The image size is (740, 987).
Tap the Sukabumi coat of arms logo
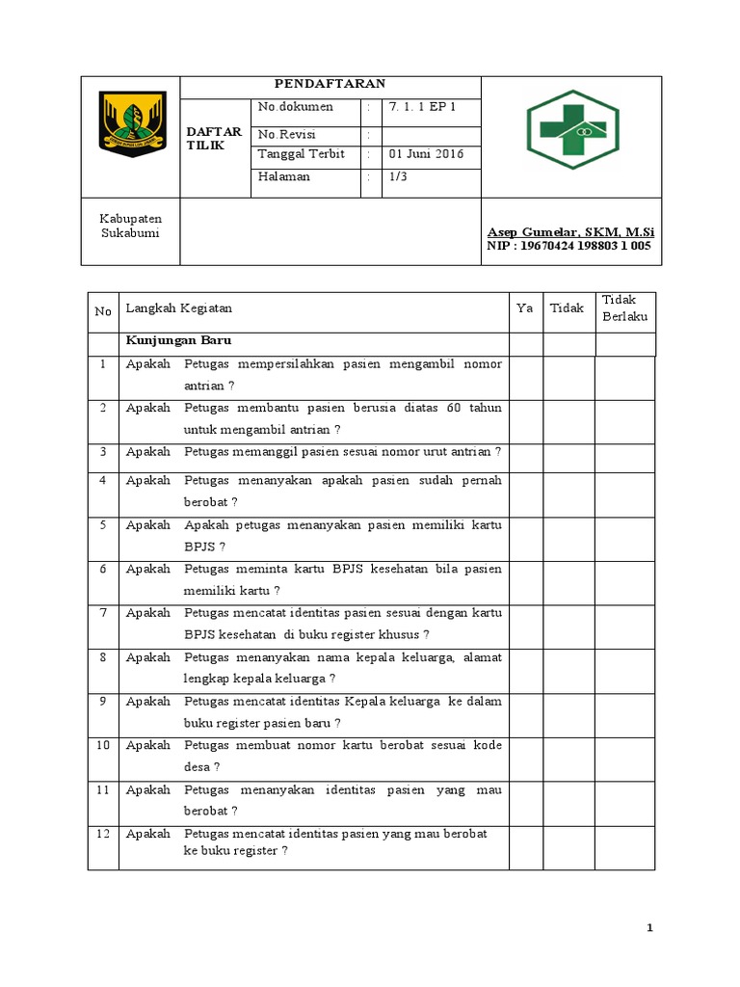coord(133,123)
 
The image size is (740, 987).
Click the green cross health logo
coord(572,122)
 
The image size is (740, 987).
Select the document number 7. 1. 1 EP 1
coord(422,107)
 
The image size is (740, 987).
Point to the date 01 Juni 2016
coord(426,153)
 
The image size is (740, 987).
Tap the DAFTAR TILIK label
coord(214,138)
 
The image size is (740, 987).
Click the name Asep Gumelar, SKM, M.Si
coord(568,232)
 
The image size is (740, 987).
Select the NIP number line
coord(568,246)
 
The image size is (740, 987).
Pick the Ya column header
coord(524,308)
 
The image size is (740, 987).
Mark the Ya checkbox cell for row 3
coord(525,452)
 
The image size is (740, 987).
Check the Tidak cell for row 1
coord(568,375)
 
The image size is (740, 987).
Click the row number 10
coord(102,745)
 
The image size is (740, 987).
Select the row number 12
coord(102,834)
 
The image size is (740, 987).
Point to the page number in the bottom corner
coord(650,927)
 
